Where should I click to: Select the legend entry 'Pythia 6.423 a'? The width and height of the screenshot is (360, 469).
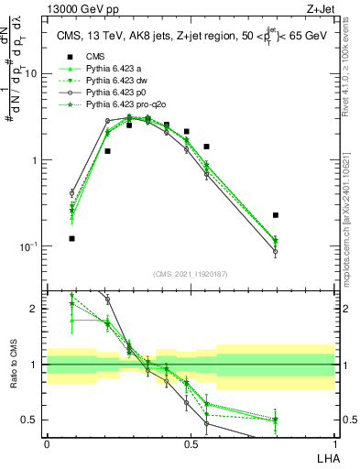tap(116, 69)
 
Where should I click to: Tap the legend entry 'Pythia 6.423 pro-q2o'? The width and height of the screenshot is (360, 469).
tap(127, 104)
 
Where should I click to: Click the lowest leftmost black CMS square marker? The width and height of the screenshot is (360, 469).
tap(71, 238)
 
